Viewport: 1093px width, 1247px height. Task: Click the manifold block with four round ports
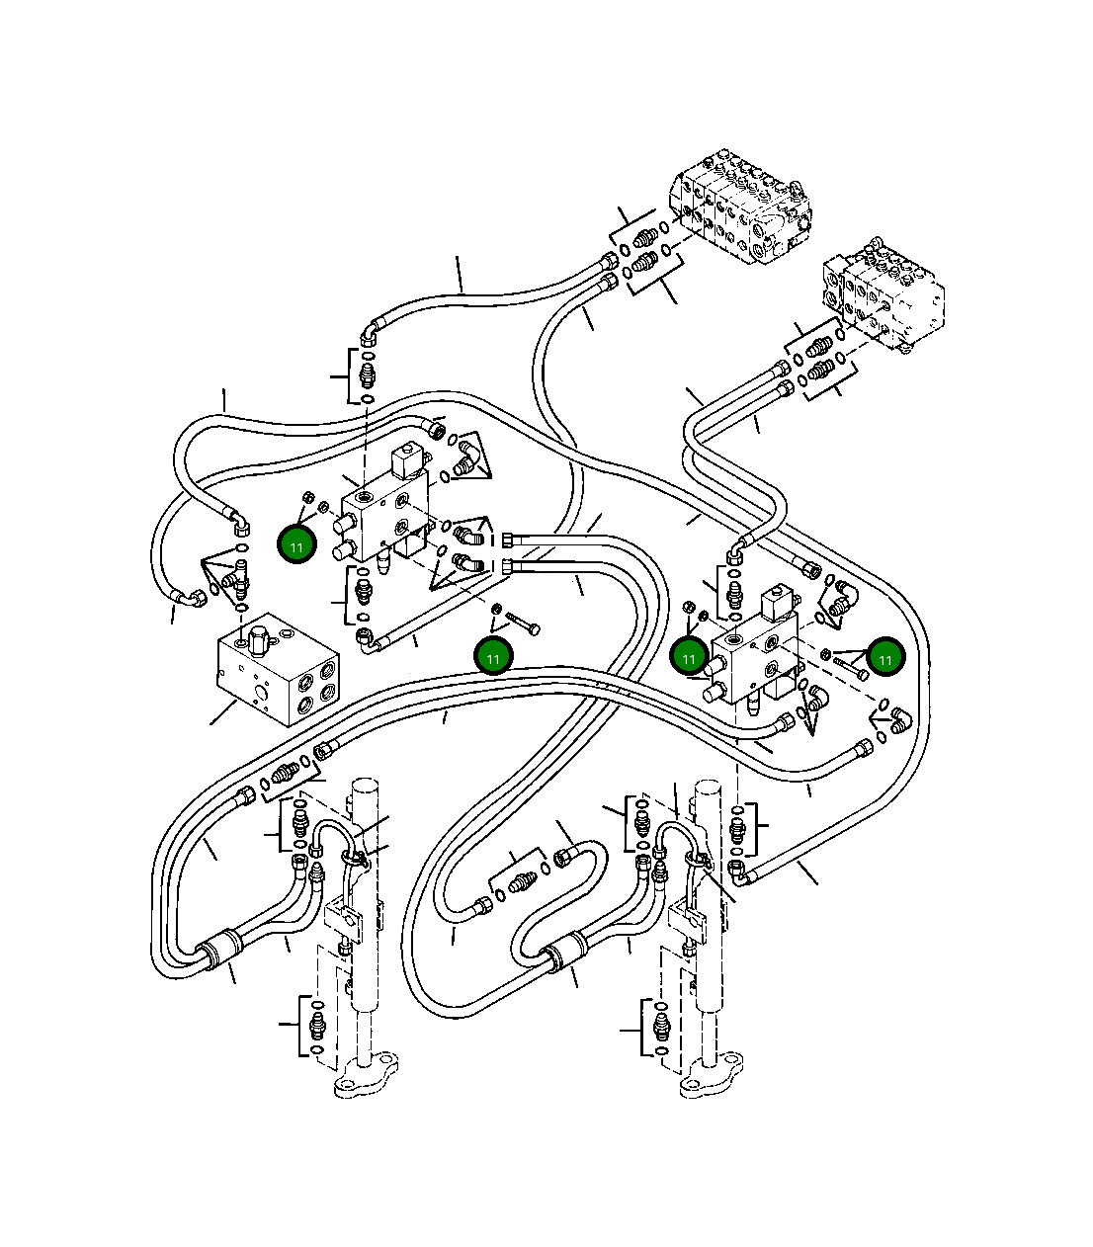tap(279, 670)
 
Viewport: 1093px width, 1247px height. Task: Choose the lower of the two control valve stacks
tap(884, 293)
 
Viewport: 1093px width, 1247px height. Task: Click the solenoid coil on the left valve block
tap(407, 459)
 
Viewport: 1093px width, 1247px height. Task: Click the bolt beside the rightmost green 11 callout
tap(851, 668)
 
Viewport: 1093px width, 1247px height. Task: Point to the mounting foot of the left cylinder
tap(366, 1076)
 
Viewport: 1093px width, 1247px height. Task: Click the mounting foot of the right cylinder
tap(711, 1076)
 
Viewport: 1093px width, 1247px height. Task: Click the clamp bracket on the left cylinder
tap(343, 921)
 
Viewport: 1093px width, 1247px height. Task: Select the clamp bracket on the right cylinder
tap(689, 921)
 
